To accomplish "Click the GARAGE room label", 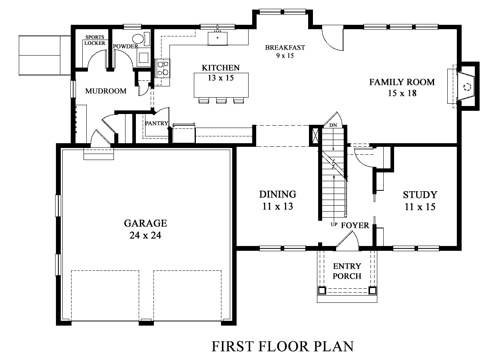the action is [x=145, y=223].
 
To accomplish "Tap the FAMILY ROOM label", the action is [x=402, y=82].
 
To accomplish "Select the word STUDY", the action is [x=420, y=195].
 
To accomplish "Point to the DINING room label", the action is [x=278, y=194].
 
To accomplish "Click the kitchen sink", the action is [x=217, y=38].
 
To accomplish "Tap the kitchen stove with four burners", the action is [x=162, y=68].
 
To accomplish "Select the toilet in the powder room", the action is [x=141, y=40].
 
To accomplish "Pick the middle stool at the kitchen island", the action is [x=221, y=100].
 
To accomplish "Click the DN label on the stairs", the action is [x=333, y=125].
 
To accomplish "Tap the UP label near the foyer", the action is [x=334, y=224].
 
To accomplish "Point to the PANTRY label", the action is [x=157, y=123].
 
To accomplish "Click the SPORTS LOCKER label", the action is [x=95, y=40].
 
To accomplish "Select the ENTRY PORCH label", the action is [x=347, y=271].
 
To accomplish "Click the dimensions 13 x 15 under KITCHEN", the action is [x=221, y=78].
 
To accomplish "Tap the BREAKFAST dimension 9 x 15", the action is [x=285, y=56].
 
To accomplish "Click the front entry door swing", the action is [x=347, y=241].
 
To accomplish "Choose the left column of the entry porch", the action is [x=322, y=290].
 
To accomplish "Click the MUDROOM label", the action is [x=106, y=91].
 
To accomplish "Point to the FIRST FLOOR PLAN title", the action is [x=283, y=346].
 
